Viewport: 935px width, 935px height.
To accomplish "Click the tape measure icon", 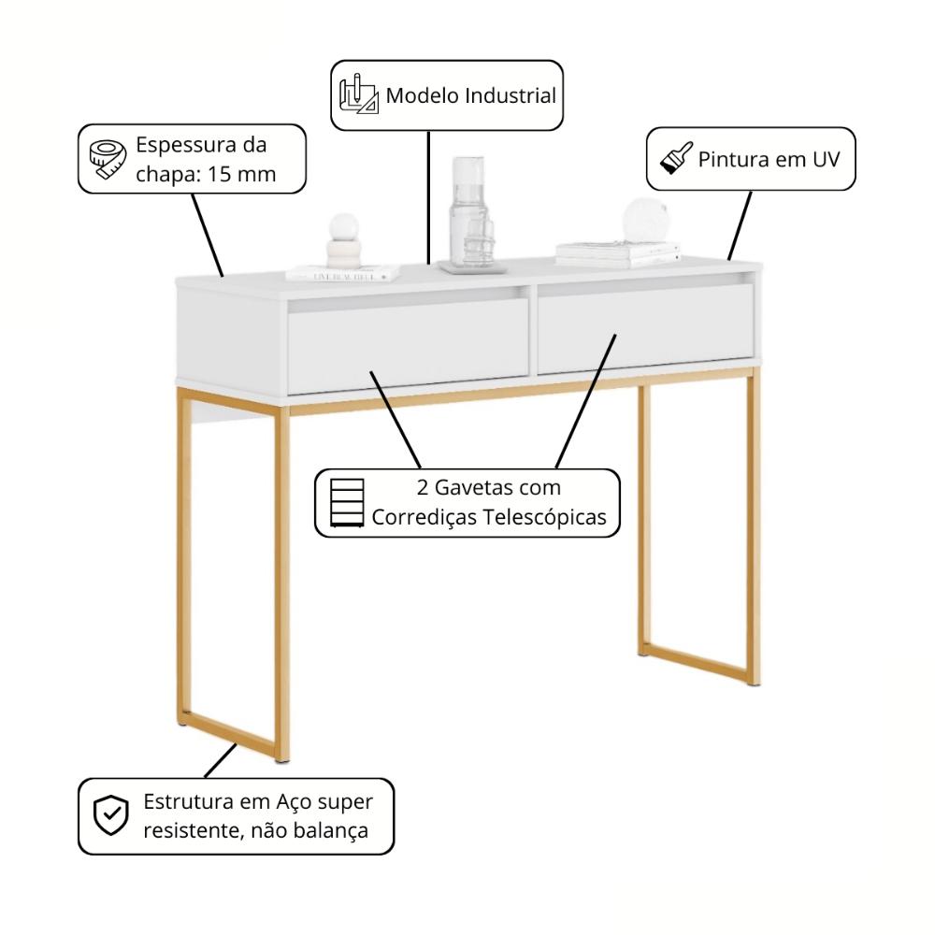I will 107,160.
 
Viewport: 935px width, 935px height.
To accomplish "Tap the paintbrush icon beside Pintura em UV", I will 676,158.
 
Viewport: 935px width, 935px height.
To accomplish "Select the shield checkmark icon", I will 111,816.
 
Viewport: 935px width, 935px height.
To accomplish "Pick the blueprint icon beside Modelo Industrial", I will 358,94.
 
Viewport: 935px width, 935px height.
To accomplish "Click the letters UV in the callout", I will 820,159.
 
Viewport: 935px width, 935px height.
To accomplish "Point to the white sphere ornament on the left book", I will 343,227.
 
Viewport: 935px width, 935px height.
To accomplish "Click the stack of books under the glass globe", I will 617,252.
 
